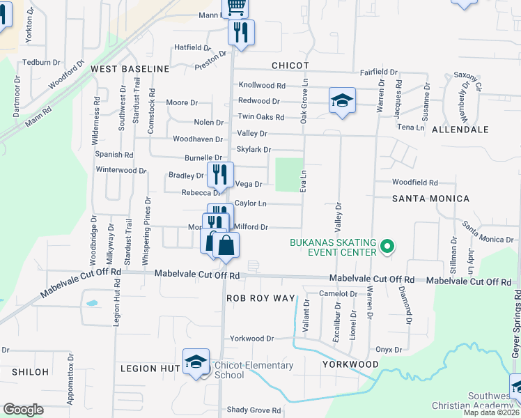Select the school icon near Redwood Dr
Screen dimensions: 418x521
(342, 101)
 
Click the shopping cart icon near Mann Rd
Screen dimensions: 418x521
(237, 7)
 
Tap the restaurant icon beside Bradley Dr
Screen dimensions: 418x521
(220, 174)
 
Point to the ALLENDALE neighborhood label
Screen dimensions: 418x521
(460, 130)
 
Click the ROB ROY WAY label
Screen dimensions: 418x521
(260, 297)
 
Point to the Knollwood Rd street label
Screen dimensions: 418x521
(262, 86)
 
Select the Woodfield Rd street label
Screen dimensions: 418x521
(414, 183)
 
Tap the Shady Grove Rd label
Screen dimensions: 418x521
(253, 410)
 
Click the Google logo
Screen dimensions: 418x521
(23, 410)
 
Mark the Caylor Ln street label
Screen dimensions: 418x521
(251, 203)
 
